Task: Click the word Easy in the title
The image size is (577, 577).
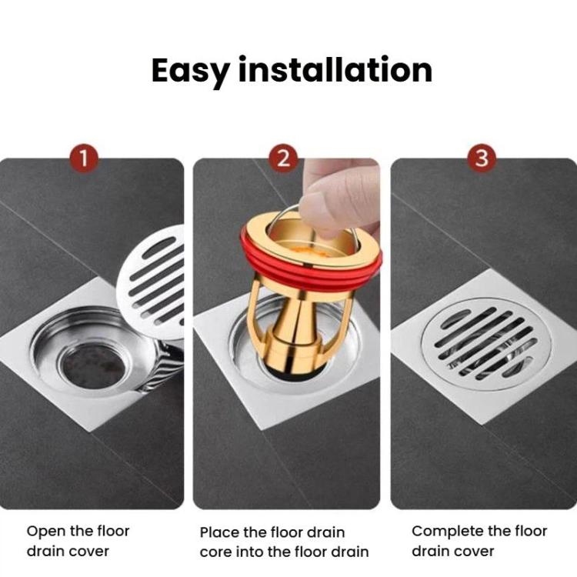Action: [190, 71]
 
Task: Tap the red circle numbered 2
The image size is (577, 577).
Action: [284, 159]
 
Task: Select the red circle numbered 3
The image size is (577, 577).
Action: [482, 159]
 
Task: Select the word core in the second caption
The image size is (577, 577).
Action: [215, 552]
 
